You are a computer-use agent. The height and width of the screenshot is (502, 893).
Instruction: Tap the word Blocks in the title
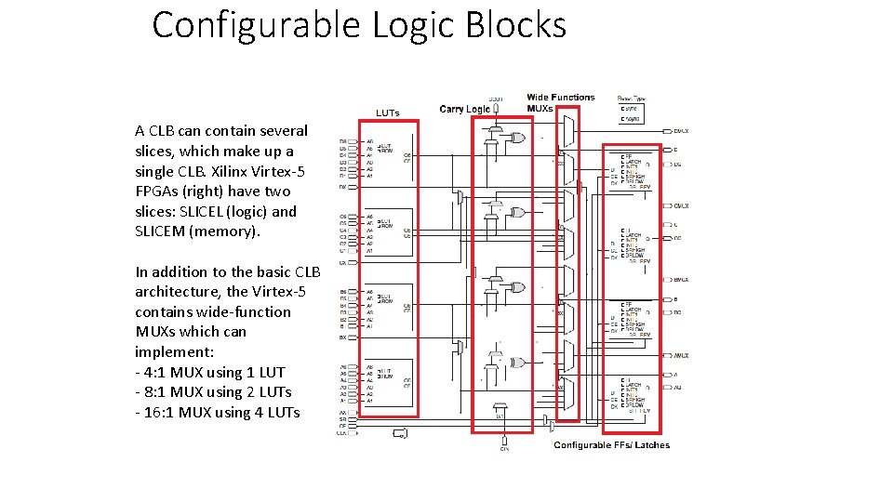coord(520,25)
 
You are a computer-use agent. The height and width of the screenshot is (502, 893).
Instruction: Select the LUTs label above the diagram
coord(387,113)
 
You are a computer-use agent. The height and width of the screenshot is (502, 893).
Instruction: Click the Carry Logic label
coord(464,110)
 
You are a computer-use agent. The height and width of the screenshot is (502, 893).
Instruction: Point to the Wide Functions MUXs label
coord(559,102)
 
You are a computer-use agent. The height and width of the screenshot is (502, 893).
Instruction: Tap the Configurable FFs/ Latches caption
coord(611,445)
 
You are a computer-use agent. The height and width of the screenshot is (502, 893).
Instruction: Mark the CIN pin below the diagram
coord(503,448)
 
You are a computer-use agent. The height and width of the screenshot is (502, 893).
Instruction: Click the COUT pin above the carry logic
coord(496,100)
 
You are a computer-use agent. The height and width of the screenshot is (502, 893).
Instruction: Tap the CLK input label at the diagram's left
coord(342,432)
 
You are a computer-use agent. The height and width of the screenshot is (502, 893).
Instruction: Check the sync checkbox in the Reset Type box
coord(621,108)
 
